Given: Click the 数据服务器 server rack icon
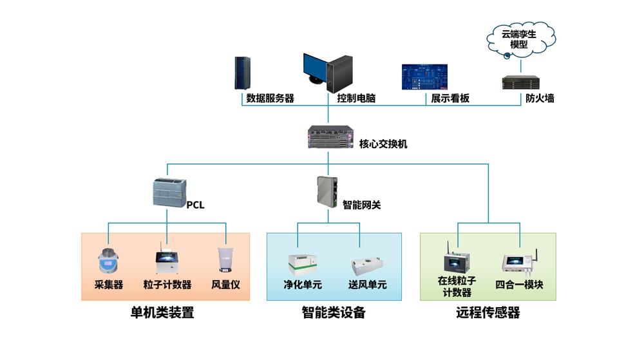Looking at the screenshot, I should tap(243, 73).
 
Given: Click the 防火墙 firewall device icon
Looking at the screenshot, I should tap(521, 83).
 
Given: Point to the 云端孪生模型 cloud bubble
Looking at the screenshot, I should tap(519, 39).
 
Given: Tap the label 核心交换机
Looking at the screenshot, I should tap(383, 144).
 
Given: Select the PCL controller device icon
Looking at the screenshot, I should tap(168, 192).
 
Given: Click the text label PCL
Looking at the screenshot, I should tap(195, 206).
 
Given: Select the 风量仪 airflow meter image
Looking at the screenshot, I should tap(225, 261).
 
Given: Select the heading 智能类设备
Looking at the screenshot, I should tap(334, 313).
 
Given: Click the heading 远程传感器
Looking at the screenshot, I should tap(488, 313).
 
